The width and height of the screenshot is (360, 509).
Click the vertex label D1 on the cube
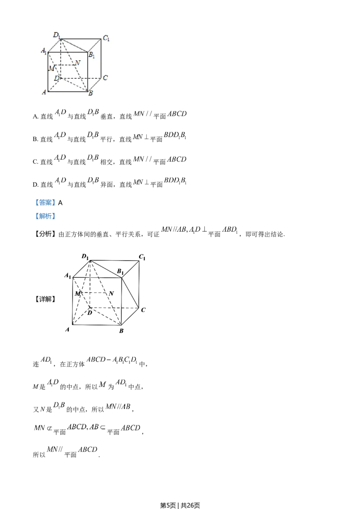tap(56, 35)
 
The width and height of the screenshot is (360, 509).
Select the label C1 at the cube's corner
tap(106, 38)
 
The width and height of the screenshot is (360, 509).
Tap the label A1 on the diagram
tap(44, 51)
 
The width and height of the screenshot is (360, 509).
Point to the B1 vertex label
tap(91, 55)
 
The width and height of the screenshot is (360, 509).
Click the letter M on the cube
tap(52, 68)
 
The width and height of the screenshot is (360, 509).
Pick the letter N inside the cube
tap(78, 63)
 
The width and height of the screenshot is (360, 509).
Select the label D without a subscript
tap(56, 78)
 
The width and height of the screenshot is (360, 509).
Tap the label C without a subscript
tap(105, 78)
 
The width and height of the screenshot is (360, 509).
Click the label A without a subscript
tap(44, 92)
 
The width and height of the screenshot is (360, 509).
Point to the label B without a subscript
tap(90, 94)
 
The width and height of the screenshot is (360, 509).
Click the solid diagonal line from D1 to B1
tap(74, 45)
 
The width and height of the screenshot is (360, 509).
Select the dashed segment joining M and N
tap(66, 65)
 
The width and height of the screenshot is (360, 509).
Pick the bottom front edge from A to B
tap(67, 90)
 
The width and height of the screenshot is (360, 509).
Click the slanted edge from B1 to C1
tap(94, 45)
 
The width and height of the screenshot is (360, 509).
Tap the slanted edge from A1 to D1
tap(54, 45)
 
